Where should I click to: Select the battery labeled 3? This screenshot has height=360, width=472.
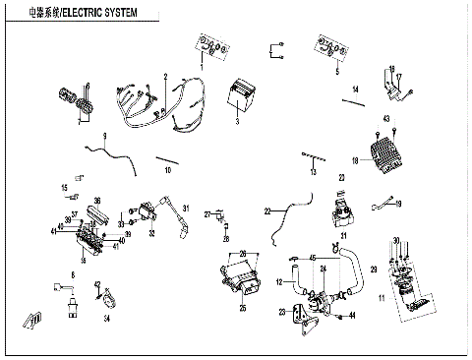click(240, 98)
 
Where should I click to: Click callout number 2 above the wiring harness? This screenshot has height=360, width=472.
click(166, 76)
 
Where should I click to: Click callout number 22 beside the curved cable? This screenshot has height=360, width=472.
click(266, 211)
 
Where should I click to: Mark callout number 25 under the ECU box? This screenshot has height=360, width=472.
click(242, 308)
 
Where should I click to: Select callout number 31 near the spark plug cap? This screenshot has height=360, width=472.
click(344, 235)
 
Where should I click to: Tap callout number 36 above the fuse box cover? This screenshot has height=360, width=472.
click(96, 201)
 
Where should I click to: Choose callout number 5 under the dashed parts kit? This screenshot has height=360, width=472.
click(336, 73)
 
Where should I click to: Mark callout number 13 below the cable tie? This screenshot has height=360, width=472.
click(314, 171)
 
